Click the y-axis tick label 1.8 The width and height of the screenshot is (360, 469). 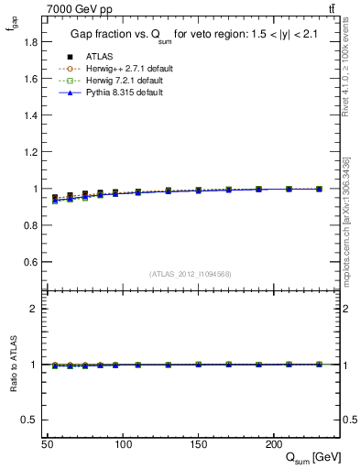pos(31,42)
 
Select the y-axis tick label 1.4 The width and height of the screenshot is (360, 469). pos(31,115)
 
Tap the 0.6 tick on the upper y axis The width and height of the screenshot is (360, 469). pos(31,262)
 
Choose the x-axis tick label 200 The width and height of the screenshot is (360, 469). pos(273,444)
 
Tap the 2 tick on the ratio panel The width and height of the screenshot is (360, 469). pos(34,309)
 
